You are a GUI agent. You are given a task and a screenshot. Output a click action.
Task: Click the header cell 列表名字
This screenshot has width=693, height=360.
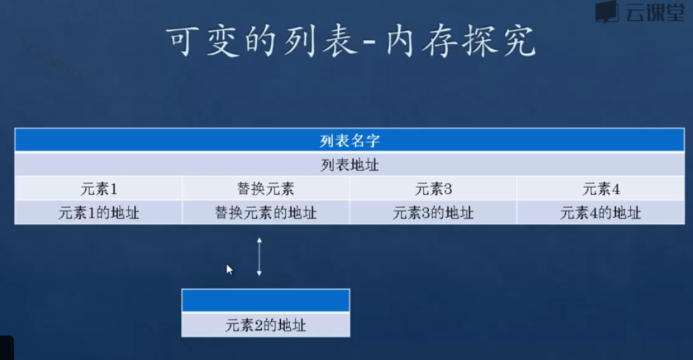(x=349, y=140)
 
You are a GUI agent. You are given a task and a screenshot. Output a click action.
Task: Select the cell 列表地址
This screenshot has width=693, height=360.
(x=349, y=165)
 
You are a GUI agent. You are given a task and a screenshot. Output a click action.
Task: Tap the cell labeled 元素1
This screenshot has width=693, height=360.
(x=98, y=188)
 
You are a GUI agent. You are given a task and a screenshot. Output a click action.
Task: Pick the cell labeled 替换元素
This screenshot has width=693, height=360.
(x=266, y=188)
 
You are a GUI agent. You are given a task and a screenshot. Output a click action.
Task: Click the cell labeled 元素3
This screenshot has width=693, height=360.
(x=433, y=188)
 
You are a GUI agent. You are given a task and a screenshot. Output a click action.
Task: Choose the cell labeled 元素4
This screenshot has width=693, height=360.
(x=601, y=188)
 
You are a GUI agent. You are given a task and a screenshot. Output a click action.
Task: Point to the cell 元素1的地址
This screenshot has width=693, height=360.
(x=98, y=213)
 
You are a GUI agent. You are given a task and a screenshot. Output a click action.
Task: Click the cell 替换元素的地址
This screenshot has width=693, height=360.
(x=266, y=213)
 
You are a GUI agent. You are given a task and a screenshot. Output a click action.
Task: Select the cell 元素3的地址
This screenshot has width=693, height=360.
(x=433, y=213)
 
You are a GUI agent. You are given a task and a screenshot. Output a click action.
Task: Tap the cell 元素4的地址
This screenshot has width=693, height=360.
(x=601, y=213)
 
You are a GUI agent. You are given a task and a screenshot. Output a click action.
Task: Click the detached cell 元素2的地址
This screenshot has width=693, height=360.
(x=266, y=325)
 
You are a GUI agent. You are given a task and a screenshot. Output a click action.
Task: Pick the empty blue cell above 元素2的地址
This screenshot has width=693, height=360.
(x=266, y=300)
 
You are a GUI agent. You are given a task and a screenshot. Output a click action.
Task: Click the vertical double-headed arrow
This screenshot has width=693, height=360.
(x=259, y=256)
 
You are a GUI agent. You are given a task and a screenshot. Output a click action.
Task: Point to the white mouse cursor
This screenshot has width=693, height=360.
(x=229, y=269)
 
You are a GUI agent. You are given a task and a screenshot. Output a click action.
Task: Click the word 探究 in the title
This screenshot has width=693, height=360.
(x=504, y=42)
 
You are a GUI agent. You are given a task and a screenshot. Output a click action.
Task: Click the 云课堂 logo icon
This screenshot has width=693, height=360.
(x=607, y=12)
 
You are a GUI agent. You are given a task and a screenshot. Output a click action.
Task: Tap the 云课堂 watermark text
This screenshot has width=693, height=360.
(x=654, y=13)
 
